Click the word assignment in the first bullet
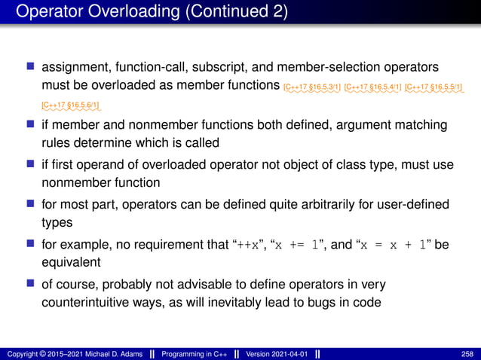tap(78, 68)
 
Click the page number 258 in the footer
tap(467, 353)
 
